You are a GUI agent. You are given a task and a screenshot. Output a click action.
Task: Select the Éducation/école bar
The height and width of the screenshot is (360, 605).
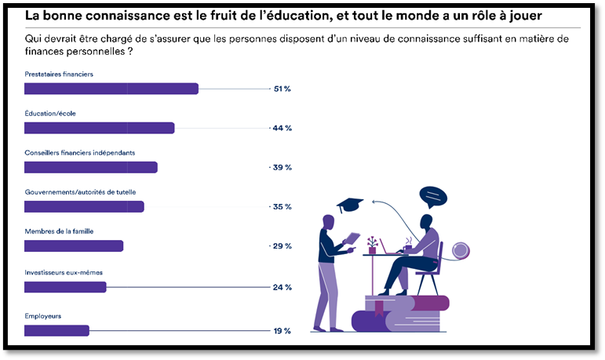click(99, 128)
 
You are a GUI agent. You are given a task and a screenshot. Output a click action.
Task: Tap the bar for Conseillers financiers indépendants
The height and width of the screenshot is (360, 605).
click(91, 167)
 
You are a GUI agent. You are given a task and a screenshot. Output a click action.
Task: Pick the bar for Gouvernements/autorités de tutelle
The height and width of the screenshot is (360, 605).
click(84, 206)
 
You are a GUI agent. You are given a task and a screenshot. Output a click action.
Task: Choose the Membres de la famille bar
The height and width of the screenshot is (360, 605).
click(74, 246)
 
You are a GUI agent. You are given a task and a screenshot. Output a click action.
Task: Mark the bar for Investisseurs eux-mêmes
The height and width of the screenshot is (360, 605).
click(65, 287)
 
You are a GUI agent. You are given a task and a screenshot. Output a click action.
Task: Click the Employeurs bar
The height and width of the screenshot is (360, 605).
click(56, 330)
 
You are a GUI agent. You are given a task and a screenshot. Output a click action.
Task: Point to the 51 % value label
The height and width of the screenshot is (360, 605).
click(282, 89)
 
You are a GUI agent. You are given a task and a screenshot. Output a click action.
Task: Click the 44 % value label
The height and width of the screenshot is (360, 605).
click(282, 128)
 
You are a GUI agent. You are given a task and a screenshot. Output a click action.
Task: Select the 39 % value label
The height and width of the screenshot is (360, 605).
click(282, 167)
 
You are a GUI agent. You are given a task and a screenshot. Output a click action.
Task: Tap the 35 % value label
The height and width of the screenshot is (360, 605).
click(282, 206)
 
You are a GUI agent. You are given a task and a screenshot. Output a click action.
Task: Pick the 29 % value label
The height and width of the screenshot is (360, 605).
click(282, 246)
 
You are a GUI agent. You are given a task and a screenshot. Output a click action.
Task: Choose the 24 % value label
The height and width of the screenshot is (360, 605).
click(282, 287)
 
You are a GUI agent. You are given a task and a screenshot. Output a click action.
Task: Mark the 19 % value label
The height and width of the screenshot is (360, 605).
click(282, 330)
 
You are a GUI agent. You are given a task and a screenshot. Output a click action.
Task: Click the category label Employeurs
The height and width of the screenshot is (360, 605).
click(43, 316)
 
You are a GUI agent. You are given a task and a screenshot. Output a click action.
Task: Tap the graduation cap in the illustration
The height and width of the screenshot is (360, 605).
click(350, 205)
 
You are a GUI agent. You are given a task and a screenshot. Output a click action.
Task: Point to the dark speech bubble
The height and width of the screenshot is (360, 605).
click(432, 195)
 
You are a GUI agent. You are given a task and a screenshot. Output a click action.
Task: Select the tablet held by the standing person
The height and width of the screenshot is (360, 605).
click(352, 238)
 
